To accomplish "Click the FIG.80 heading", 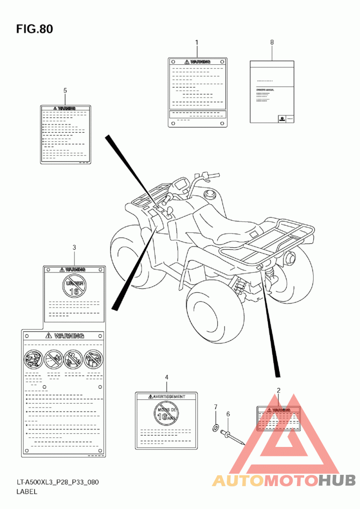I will coord(35,29).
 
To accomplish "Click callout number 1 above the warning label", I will coord(197,42).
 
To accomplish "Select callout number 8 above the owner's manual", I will coord(272,42).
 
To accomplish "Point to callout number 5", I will coord(65,91).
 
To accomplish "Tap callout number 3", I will coord(74,247).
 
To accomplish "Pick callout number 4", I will coord(166,377).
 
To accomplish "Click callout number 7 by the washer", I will coord(216,407).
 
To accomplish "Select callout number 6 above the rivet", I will coord(228,414).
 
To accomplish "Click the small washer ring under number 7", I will coord(216,427).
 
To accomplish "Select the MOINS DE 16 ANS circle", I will coord(166,413).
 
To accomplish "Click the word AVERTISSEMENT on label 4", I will coord(169,397).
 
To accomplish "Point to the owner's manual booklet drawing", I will coord(272,92).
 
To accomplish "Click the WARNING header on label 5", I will coord(66,108).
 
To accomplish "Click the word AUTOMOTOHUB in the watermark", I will coord(283,481).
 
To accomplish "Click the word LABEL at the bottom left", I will coord(27,491).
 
